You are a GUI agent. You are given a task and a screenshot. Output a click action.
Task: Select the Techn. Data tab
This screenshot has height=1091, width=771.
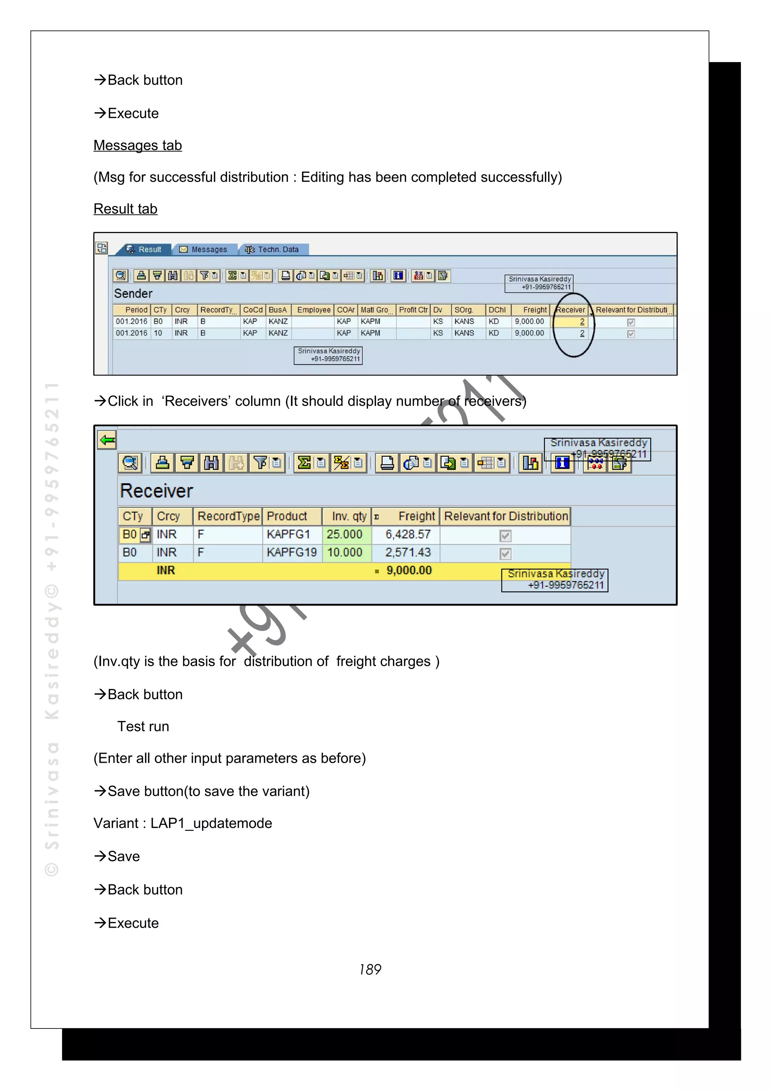coord(272,250)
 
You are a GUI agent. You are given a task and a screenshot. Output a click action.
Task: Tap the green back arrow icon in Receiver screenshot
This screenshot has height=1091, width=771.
coord(107,440)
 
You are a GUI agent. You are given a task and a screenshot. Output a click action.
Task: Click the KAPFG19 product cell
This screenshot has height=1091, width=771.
coord(291,553)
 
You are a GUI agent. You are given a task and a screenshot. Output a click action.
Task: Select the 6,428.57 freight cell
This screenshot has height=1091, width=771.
coord(408,535)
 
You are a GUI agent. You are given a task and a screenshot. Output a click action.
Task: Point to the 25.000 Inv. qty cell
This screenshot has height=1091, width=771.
coord(344,535)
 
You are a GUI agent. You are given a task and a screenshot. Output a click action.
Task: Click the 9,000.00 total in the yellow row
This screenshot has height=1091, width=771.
coord(408,571)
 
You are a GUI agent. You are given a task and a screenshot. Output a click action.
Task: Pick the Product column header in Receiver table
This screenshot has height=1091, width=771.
coord(287,517)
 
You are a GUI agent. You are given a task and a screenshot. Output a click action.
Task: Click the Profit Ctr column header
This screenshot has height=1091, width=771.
coord(413,310)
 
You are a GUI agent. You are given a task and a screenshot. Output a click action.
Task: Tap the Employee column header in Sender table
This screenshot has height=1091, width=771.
coord(314,310)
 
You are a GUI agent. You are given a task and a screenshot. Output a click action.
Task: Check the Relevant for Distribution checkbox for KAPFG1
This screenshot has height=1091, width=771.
coord(506,536)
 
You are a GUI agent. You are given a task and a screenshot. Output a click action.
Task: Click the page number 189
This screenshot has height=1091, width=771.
coord(370,969)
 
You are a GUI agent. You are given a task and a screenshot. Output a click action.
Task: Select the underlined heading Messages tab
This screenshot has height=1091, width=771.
coord(138,145)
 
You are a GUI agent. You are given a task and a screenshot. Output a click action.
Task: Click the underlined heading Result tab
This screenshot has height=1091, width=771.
coord(125,209)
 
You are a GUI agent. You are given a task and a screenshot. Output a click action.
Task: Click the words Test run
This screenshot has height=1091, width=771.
coord(143,727)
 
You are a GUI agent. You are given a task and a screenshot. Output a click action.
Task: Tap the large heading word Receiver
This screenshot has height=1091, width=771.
coord(157,491)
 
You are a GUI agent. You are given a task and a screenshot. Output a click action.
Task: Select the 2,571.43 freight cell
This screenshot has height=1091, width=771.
coord(408,553)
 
